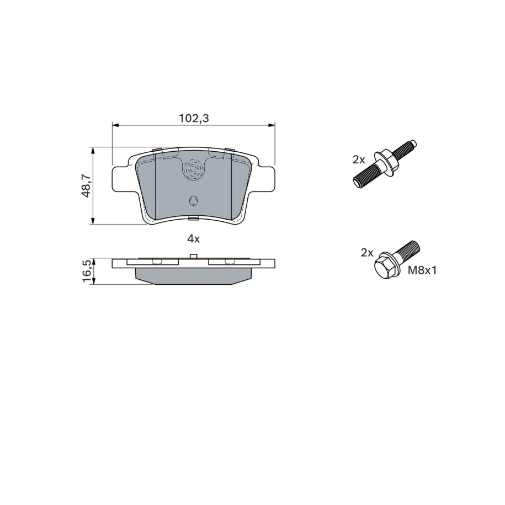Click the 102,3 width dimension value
(194, 118)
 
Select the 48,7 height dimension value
(86, 185)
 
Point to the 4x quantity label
(194, 238)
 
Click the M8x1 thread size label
(422, 270)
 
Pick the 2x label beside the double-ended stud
(358, 159)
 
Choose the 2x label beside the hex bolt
(367, 253)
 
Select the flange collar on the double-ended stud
(386, 164)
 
